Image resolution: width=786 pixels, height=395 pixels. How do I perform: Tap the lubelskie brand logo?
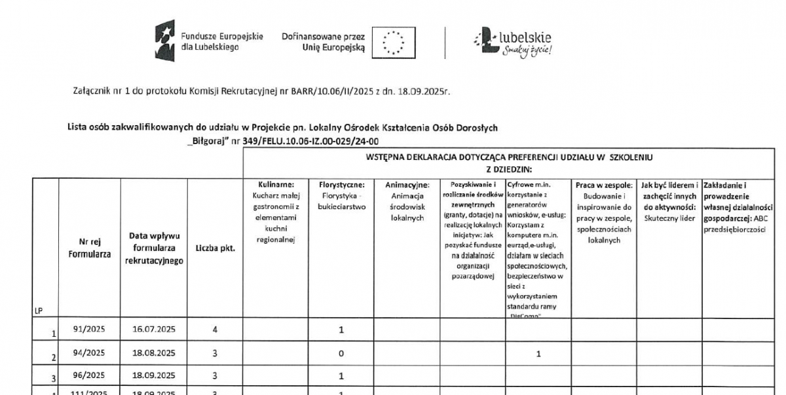click(x=513, y=44)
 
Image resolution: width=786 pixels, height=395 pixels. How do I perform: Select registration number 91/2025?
click(x=90, y=329)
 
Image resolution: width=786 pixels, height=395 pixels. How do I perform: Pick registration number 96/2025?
click(x=90, y=375)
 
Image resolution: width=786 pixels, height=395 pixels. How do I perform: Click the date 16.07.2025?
click(x=154, y=329)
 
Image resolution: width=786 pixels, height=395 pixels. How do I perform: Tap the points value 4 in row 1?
click(x=215, y=329)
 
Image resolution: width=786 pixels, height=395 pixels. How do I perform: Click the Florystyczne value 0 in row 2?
click(x=341, y=353)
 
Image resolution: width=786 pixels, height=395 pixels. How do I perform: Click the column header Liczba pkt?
click(x=215, y=248)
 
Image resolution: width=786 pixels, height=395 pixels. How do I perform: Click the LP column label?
click(x=38, y=311)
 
